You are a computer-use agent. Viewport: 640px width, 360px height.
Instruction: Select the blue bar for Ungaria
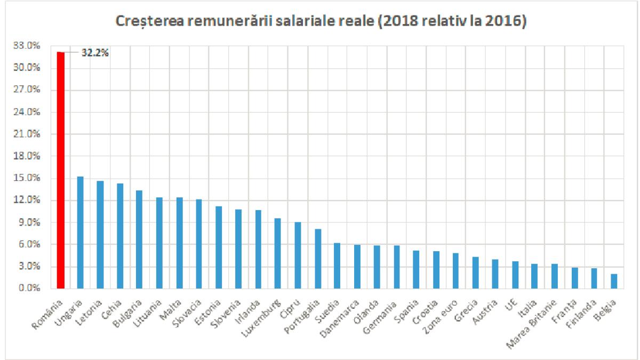pos(81,232)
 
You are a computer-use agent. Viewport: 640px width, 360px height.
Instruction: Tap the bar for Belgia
pos(614,281)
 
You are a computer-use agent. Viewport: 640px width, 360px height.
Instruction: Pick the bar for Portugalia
pos(318,259)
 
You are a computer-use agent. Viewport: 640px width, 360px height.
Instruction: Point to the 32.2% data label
pos(95,52)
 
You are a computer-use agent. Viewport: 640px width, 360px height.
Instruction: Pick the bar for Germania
pos(397,267)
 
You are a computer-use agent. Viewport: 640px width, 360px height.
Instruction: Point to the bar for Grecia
pos(476,273)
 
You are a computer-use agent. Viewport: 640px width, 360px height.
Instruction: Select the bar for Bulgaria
pos(140,239)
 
